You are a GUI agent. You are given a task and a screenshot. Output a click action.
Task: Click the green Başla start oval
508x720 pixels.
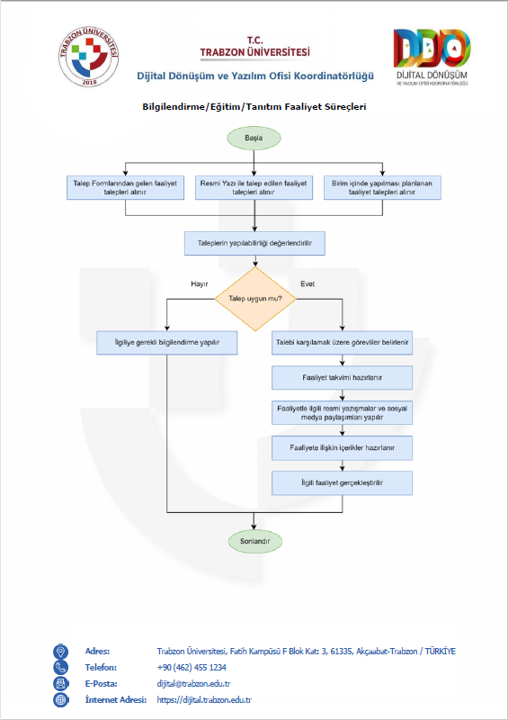click(254, 138)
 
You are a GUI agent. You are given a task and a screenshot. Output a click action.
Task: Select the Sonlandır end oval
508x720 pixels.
click(255, 542)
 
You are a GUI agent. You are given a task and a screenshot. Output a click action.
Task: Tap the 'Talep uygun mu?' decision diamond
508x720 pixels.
click(255, 299)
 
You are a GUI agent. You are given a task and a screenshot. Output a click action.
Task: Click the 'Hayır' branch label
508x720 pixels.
click(200, 284)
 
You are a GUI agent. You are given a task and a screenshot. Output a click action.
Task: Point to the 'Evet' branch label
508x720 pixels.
click(307, 284)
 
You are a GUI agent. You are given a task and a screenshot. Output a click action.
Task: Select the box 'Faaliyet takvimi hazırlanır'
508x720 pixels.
click(342, 378)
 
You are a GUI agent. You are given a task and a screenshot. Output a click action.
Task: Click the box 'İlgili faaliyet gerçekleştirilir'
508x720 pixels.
click(342, 483)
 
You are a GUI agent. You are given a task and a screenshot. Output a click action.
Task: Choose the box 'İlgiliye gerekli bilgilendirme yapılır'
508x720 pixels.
click(167, 343)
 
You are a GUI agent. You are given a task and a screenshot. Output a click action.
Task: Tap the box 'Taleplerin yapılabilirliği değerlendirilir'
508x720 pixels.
click(254, 243)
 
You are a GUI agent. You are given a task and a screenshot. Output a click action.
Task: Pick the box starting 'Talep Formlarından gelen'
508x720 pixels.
click(125, 187)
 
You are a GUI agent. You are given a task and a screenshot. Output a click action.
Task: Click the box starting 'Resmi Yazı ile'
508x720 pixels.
click(254, 187)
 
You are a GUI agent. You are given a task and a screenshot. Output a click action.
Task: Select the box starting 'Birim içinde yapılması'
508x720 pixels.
click(382, 187)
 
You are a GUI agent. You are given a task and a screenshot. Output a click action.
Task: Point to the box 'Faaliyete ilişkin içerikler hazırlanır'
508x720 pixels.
click(342, 448)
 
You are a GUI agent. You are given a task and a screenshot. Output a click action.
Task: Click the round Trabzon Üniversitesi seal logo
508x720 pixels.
click(89, 57)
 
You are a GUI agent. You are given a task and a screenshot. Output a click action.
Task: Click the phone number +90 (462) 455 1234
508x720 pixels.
click(192, 667)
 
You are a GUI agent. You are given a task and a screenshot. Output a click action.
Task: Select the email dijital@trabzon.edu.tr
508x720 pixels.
click(193, 684)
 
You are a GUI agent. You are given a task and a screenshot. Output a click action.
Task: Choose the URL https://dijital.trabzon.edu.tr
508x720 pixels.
click(204, 700)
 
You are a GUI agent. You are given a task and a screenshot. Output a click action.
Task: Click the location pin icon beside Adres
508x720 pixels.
click(60, 652)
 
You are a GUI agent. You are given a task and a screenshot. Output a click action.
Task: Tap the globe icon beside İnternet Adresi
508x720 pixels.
click(60, 700)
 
